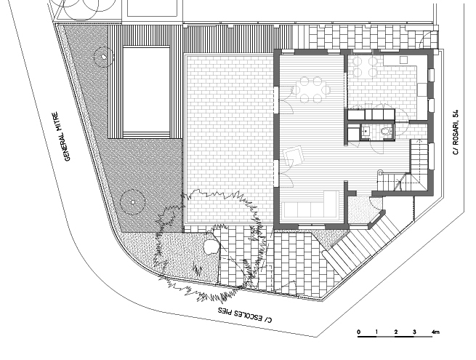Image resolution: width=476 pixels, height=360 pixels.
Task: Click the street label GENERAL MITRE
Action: click(x=61, y=137)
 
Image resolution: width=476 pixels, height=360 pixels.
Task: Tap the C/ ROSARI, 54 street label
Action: click(x=456, y=132)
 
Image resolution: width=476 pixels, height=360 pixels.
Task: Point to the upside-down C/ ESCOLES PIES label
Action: click(x=246, y=315)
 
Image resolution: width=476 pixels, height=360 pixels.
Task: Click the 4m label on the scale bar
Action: click(x=435, y=332)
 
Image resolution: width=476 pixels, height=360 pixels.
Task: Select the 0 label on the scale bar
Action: click(x=359, y=332)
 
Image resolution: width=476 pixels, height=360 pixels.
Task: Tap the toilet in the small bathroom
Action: click(x=386, y=131)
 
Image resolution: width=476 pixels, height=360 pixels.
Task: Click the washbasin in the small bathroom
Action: click(x=366, y=131)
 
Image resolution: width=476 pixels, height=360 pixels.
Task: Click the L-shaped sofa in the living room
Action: click(x=312, y=205)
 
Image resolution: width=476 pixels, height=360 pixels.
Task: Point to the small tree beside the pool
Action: click(x=103, y=57)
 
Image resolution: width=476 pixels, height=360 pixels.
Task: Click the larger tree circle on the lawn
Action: click(x=132, y=201)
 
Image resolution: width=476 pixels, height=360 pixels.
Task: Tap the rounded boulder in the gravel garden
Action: click(x=211, y=246)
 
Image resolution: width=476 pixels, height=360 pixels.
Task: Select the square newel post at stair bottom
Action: click(x=380, y=173)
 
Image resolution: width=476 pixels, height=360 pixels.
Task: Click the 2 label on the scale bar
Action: click(x=396, y=332)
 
